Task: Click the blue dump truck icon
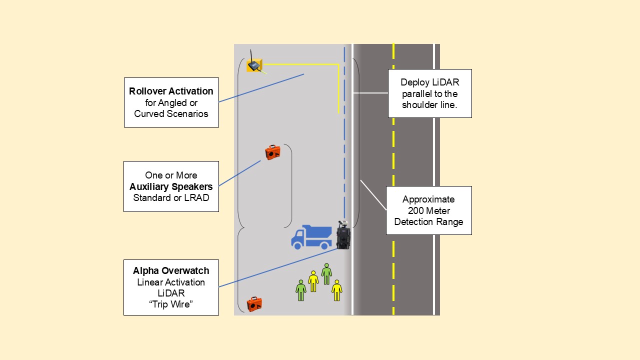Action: (x=312, y=236)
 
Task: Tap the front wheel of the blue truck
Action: (x=298, y=245)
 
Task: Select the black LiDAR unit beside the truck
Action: (x=343, y=235)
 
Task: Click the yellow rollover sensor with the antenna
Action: (x=254, y=65)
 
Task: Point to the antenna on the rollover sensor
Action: (x=251, y=54)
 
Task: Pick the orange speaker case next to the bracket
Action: (x=272, y=151)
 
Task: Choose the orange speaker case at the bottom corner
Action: (x=254, y=303)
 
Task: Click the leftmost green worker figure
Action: (x=300, y=290)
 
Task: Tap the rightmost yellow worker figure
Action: (x=337, y=290)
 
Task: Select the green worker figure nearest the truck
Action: (x=326, y=273)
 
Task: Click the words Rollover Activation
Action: (x=171, y=91)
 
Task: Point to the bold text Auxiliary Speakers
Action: (x=171, y=186)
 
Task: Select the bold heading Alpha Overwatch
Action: (x=171, y=271)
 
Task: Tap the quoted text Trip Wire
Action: (x=171, y=304)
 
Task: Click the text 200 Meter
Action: (x=429, y=210)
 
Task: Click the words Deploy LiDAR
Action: (x=430, y=82)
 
